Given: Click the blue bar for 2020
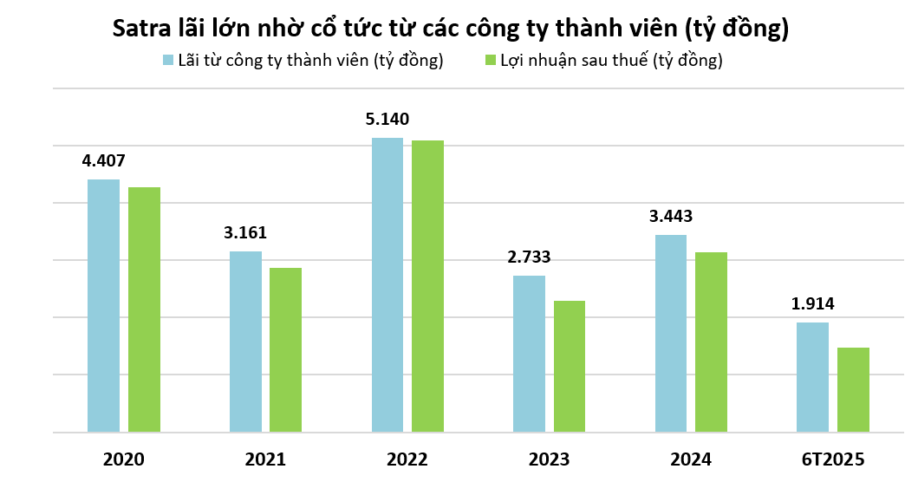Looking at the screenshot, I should coord(104,305).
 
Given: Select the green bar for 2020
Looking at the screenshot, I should coord(144,309).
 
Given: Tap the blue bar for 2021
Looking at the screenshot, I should coord(245,342).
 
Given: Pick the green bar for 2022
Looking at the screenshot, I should coord(427,286).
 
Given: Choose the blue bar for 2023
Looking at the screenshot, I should coord(529,354).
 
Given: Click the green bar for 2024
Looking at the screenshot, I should coord(711,342).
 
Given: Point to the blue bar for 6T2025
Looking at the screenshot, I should coord(812,377).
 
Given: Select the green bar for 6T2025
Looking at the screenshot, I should coord(853,389).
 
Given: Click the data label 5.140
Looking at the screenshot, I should coord(387,120).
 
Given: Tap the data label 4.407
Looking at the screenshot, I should coord(104,160).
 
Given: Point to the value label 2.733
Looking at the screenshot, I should coord(529,257).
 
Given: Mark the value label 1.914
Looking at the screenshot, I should coord(812,304).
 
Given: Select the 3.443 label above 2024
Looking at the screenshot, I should coord(671,217).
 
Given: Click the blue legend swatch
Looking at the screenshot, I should coord(169,61).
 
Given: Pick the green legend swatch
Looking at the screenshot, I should coord(490,61).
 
